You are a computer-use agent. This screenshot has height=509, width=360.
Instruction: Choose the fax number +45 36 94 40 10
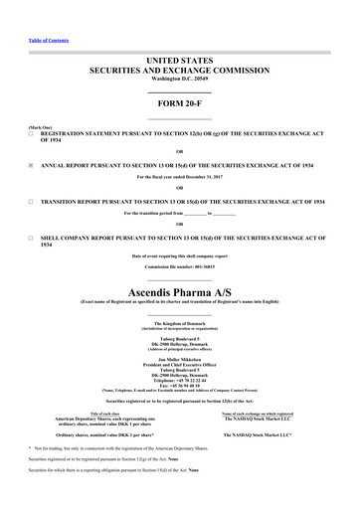coord(185,358)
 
